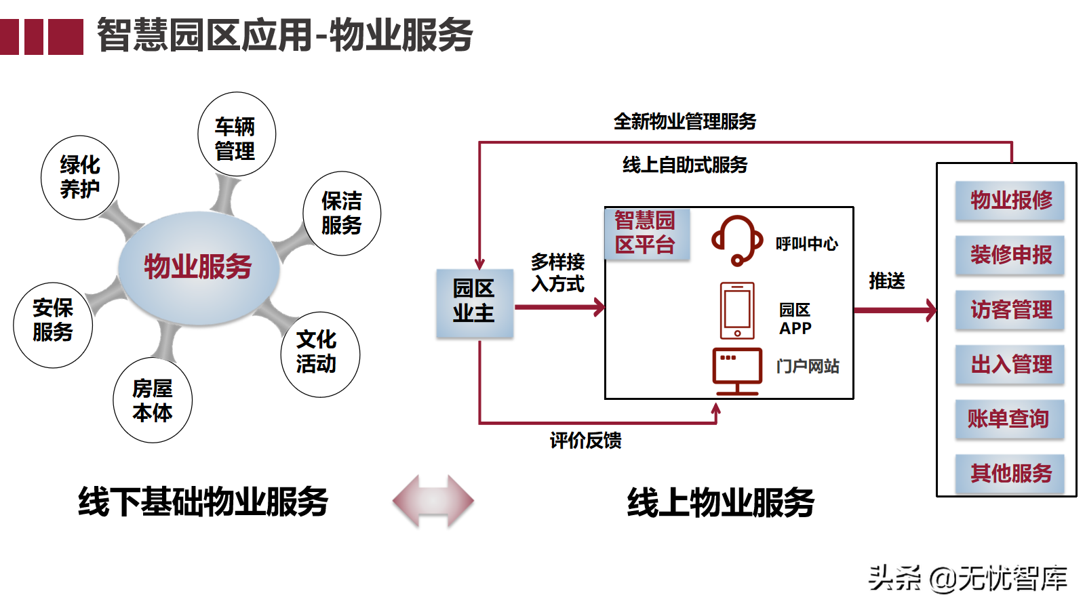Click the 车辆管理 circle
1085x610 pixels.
coord(236,135)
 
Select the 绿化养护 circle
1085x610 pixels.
coord(80,178)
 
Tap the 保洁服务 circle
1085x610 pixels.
coord(342,213)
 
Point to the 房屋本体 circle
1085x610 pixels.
coord(153,401)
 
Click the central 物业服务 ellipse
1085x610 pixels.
coord(198,266)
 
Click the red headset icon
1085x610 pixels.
coord(736,241)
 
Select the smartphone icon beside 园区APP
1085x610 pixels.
coord(737,311)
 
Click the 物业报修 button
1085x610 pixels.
coord(1010,201)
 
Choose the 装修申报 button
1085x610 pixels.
coord(1010,255)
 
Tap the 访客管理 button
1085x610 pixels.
coord(1010,310)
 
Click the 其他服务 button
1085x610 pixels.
coord(1010,473)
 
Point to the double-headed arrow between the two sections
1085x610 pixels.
coord(433,502)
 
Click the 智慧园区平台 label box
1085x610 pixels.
coord(646,233)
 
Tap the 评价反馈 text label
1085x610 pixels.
coord(586,441)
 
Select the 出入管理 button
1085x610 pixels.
coord(1010,365)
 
